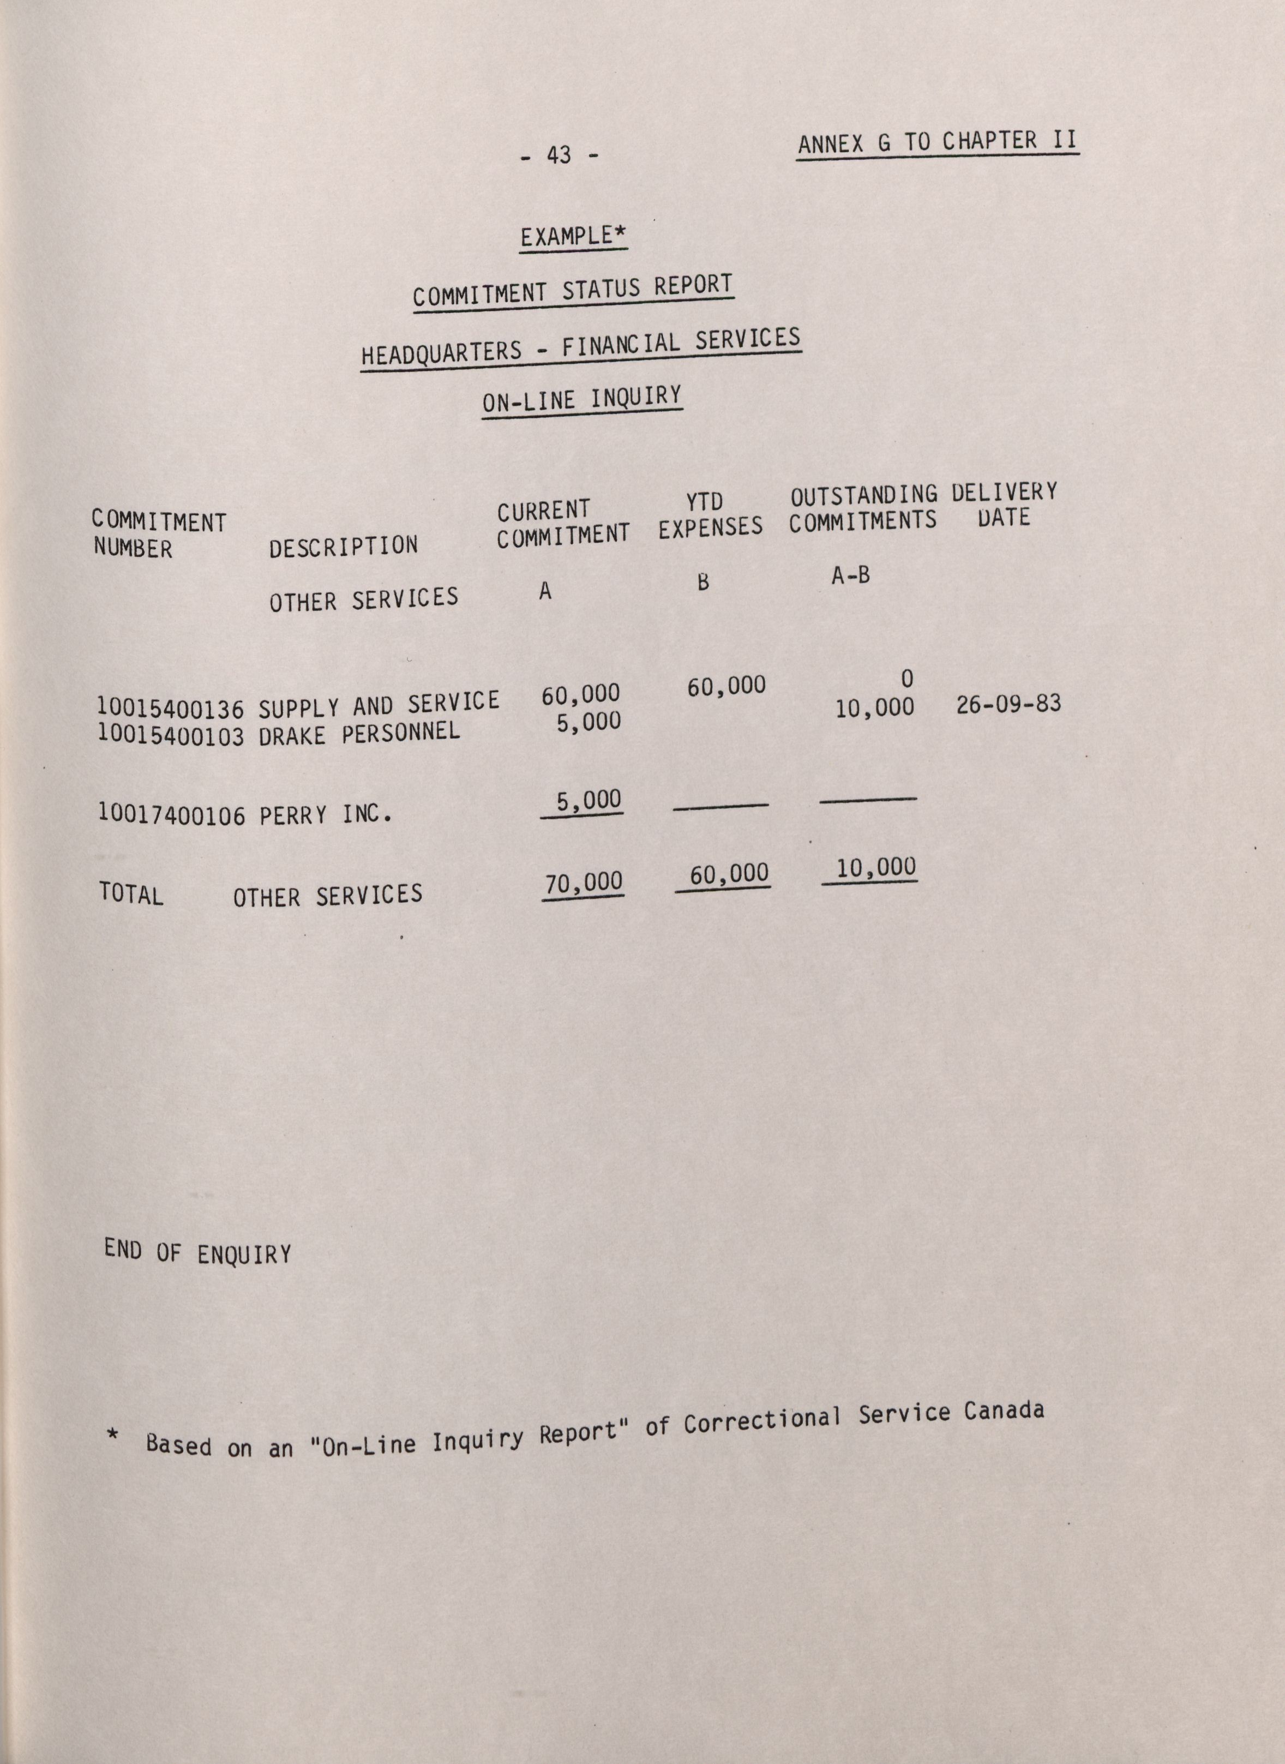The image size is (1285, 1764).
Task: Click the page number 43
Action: [x=559, y=155]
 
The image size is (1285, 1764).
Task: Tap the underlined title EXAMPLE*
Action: [x=573, y=236]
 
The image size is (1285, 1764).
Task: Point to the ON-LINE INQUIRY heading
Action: [x=582, y=400]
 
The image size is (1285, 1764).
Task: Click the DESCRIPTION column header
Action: [x=343, y=546]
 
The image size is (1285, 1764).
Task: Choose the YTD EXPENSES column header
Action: [x=710, y=515]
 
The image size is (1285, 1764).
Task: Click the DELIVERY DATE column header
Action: [x=1004, y=505]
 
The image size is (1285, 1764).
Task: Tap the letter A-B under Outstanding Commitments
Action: [x=850, y=575]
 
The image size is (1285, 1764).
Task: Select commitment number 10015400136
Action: [x=170, y=708]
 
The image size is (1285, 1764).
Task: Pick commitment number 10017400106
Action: [x=171, y=815]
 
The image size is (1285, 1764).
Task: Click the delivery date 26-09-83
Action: [x=1008, y=704]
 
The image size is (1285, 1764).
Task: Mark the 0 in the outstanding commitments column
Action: [x=906, y=679]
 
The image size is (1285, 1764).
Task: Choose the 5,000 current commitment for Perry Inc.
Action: [x=589, y=800]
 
